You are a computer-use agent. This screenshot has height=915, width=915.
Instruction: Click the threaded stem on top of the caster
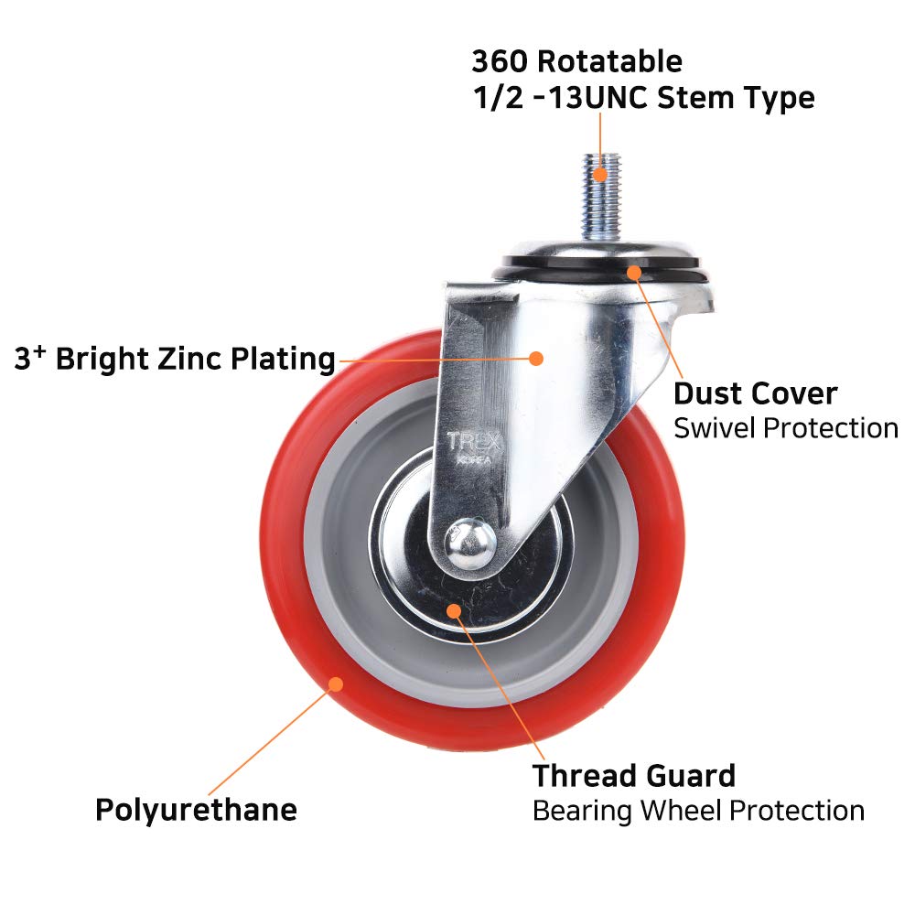coord(599,201)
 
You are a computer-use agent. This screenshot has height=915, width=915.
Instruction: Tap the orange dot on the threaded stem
coord(599,171)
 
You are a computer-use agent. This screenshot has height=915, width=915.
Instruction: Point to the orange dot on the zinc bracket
coord(537,358)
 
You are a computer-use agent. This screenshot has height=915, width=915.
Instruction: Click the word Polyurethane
coord(196,810)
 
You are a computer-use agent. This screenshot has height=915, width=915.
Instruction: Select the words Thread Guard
coord(634,776)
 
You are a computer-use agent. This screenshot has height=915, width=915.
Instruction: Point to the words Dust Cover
coord(756,393)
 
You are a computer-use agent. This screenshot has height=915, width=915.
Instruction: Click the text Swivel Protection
coord(786,427)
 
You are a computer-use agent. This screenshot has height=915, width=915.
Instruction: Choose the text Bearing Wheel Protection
coord(698,810)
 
